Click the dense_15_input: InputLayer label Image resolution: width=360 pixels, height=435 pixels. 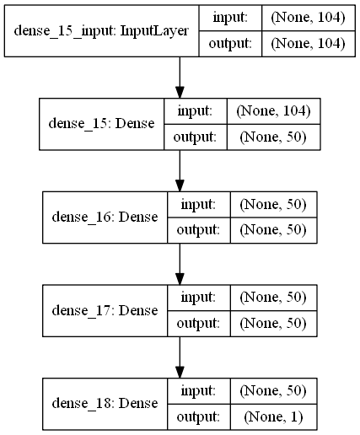click(101, 31)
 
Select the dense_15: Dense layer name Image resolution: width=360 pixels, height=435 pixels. click(101, 124)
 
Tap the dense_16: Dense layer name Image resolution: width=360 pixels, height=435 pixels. click(105, 217)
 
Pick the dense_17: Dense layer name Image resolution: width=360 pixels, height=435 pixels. click(105, 310)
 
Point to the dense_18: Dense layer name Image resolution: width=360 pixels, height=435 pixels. click(105, 404)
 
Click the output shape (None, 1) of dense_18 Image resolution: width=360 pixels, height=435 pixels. click(273, 416)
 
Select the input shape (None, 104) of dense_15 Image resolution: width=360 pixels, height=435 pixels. click(273, 111)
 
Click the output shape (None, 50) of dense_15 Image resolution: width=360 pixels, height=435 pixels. click(273, 137)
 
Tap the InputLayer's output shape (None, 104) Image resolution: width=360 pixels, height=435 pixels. click(308, 44)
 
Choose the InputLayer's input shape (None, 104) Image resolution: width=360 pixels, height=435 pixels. click(308, 18)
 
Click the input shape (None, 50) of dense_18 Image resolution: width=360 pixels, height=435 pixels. click(273, 391)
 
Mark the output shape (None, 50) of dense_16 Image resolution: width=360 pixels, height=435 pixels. click(273, 230)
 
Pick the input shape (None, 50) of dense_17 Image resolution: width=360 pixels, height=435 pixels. click(273, 298)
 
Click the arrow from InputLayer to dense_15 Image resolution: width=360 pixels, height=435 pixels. click(180, 78)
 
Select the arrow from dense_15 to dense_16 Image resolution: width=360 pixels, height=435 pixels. click(180, 171)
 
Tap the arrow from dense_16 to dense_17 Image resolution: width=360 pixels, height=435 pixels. click(180, 264)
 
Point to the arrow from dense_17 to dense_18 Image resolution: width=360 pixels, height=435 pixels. click(180, 357)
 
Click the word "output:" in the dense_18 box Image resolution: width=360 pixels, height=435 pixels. click(198, 417)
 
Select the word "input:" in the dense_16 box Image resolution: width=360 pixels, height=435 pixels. click(198, 204)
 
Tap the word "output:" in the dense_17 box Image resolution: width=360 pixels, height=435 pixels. click(198, 324)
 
